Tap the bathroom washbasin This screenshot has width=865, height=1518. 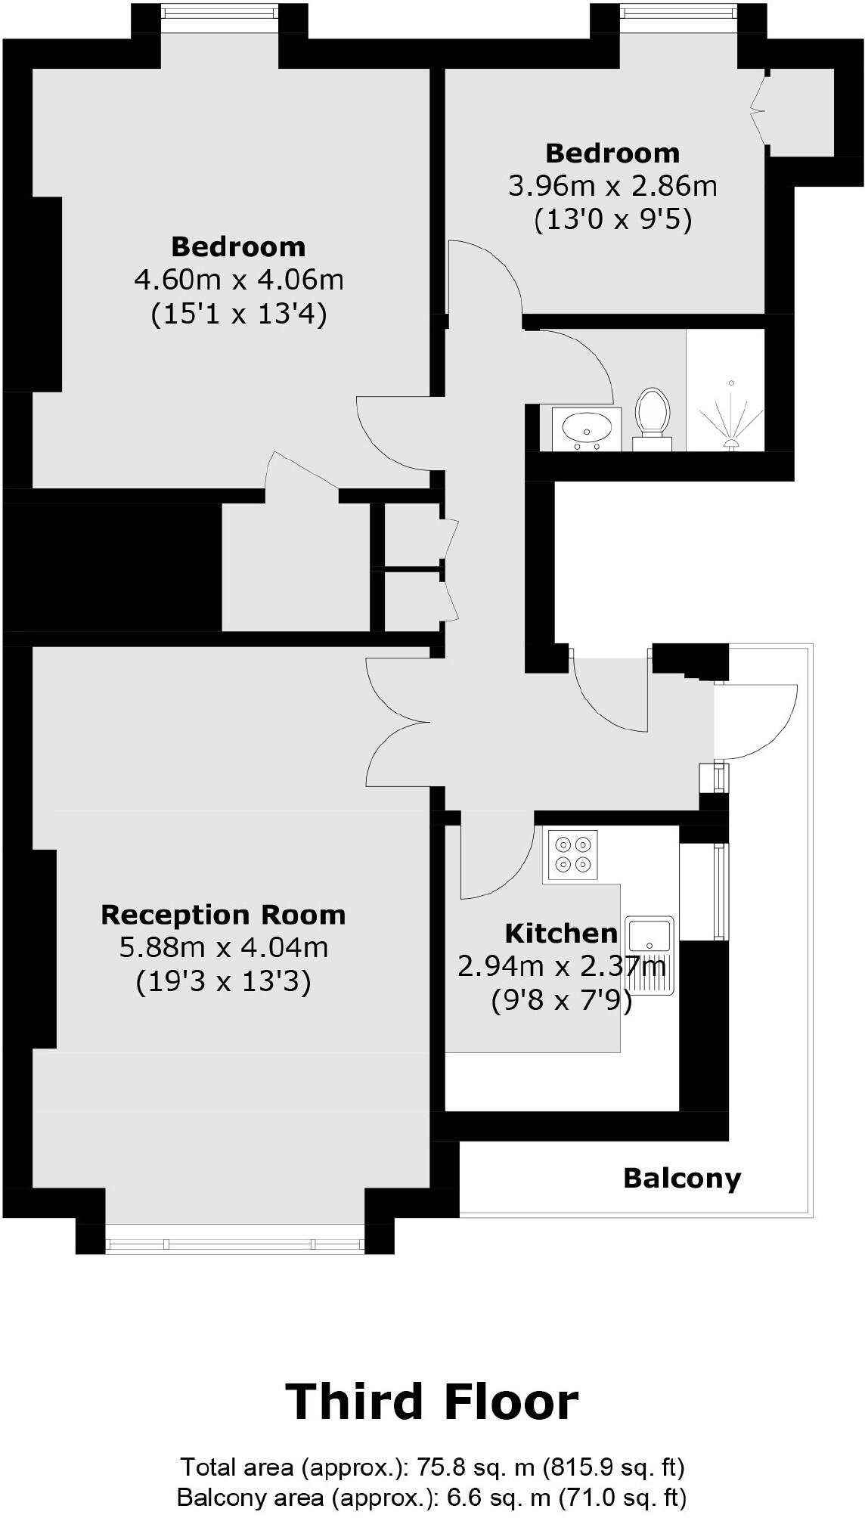pyautogui.click(x=586, y=429)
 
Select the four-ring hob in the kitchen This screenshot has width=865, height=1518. pyautogui.click(x=571, y=853)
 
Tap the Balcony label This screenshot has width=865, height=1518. pyautogui.click(x=682, y=1179)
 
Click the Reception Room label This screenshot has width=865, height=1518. pyautogui.click(x=223, y=915)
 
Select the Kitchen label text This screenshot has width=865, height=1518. pyautogui.click(x=561, y=934)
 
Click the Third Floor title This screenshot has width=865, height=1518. pyautogui.click(x=432, y=1402)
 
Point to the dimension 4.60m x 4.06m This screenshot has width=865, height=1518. pyautogui.click(x=238, y=280)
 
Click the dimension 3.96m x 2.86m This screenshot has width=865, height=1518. pyautogui.click(x=612, y=186)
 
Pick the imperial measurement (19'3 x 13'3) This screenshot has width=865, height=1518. pyautogui.click(x=223, y=982)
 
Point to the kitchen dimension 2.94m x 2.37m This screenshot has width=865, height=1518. pyautogui.click(x=561, y=966)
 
